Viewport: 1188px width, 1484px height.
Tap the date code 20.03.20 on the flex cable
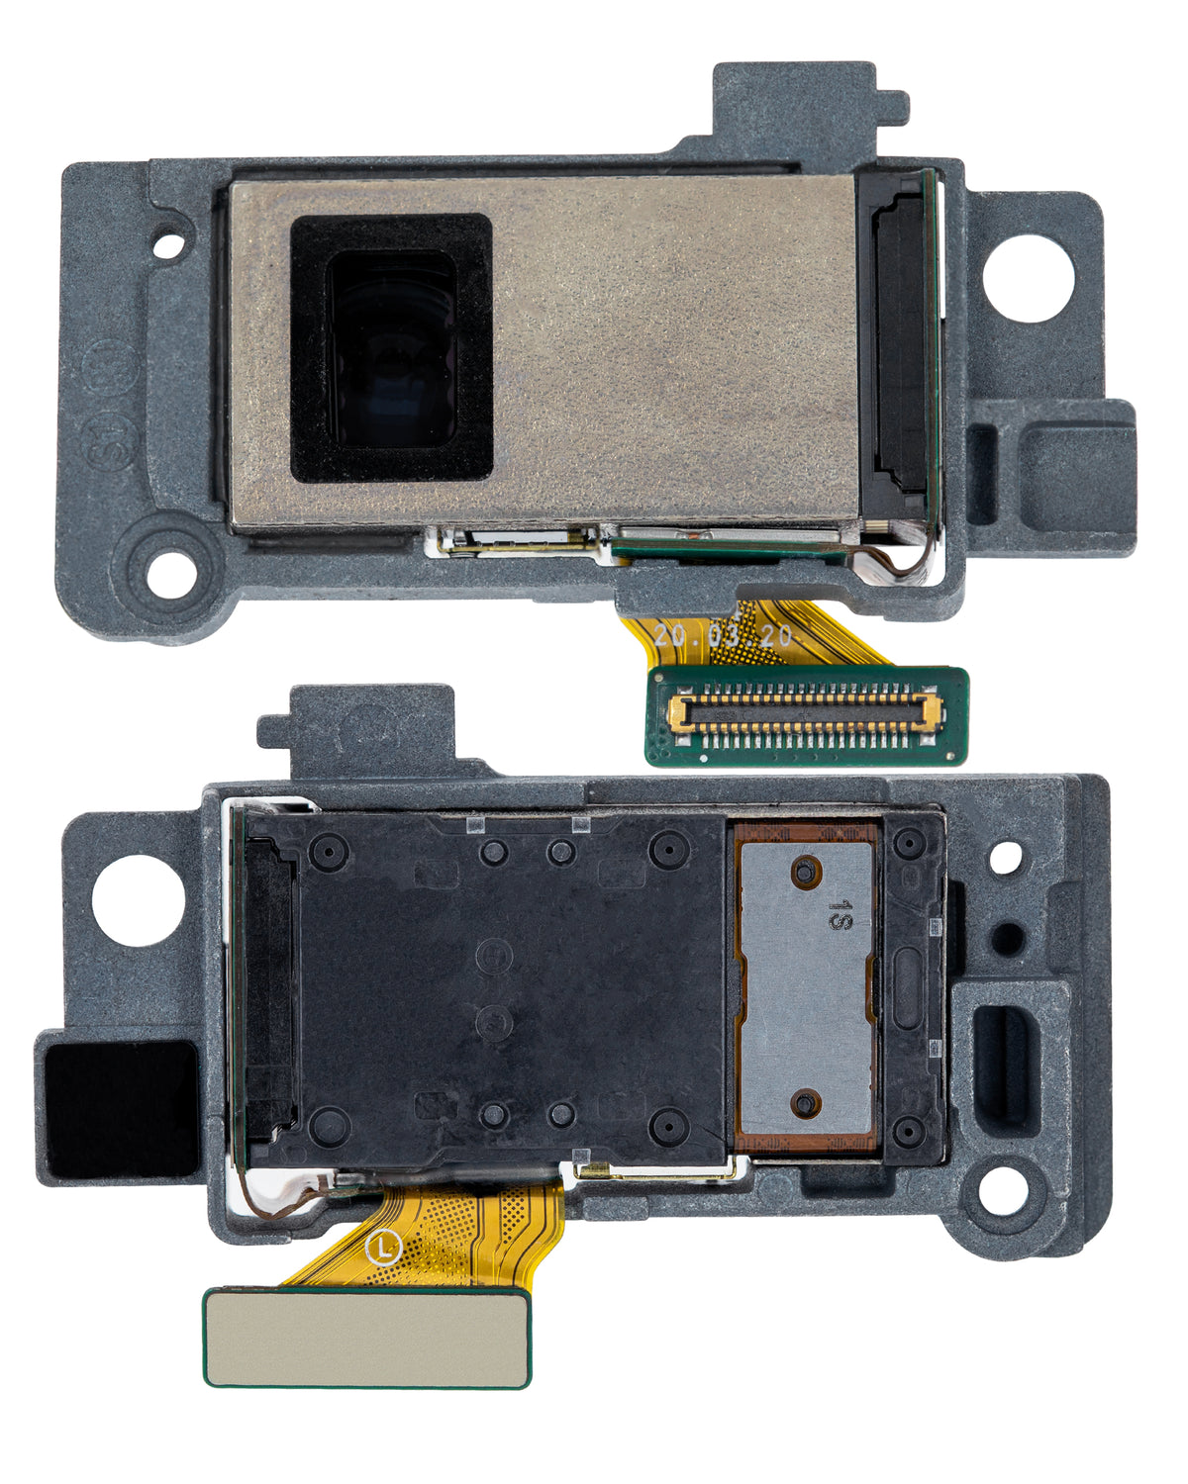pyautogui.click(x=723, y=635)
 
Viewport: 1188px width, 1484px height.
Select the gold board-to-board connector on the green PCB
pyautogui.click(x=806, y=710)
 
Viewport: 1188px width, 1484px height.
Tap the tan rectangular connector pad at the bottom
pyautogui.click(x=366, y=1336)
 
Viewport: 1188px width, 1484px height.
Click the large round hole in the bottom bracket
pyautogui.click(x=139, y=900)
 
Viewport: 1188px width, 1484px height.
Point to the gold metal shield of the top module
pyautogui.click(x=673, y=346)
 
